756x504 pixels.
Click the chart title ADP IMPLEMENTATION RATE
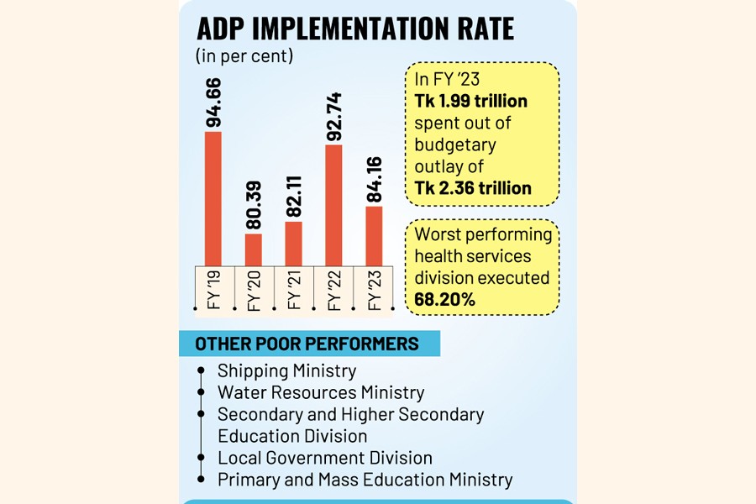click(x=354, y=29)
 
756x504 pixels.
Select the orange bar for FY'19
click(x=213, y=198)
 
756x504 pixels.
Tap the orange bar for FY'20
click(x=254, y=249)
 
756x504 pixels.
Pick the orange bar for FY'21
click(x=293, y=244)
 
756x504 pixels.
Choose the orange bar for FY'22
click(x=333, y=205)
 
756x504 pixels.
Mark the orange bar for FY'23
click(x=374, y=236)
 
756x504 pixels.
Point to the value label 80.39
click(x=254, y=205)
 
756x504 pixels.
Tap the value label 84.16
click(x=374, y=179)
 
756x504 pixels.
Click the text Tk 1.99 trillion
click(x=470, y=102)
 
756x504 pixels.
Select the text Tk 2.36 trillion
click(x=473, y=187)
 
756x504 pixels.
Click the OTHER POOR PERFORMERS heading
click(x=307, y=344)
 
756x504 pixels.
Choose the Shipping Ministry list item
click(x=286, y=370)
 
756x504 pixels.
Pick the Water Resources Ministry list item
click(x=321, y=392)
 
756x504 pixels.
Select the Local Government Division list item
click(x=324, y=458)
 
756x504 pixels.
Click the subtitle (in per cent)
click(x=244, y=56)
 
